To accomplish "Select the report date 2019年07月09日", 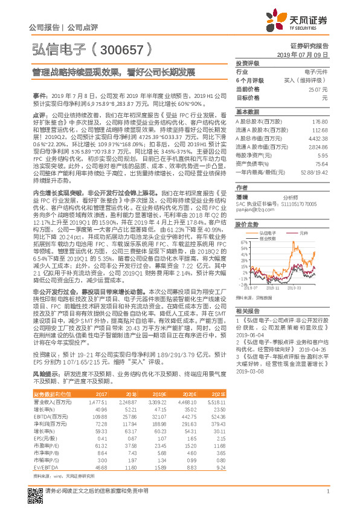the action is tap(306, 54).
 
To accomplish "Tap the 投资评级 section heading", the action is tap(247, 63).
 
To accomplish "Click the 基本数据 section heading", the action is tap(247, 112).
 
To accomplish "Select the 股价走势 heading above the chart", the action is tap(247, 224).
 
